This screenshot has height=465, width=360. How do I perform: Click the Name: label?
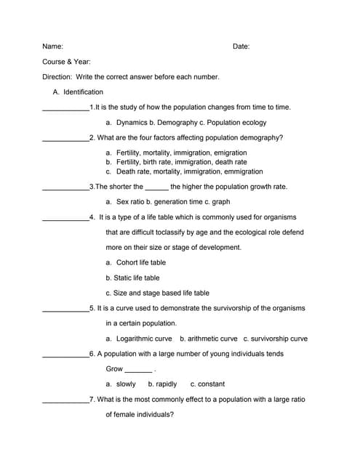pyautogui.click(x=52, y=46)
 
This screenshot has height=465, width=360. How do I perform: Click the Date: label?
pyautogui.click(x=241, y=46)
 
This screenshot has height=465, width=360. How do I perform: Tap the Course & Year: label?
pyautogui.click(x=66, y=62)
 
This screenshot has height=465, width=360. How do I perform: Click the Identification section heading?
pyautogui.click(x=83, y=92)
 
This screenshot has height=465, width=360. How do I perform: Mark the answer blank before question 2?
pyautogui.click(x=65, y=138)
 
